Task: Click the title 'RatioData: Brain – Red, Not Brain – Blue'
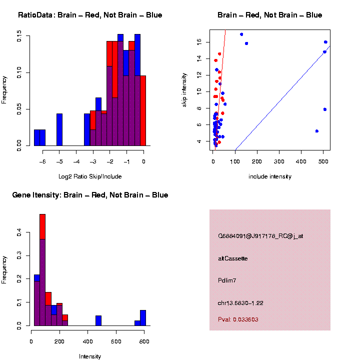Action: [90, 15]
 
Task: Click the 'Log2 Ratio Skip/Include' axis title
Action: [89, 176]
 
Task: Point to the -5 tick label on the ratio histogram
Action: [59, 161]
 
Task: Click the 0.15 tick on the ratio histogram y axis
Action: [19, 36]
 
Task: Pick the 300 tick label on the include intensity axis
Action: [279, 161]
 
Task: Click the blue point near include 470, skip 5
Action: [317, 131]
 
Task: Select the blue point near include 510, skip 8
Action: [325, 109]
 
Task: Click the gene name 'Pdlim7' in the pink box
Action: [227, 280]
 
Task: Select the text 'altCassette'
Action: [232, 258]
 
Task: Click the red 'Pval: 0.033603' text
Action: [238, 319]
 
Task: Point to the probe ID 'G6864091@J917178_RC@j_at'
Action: [260, 236]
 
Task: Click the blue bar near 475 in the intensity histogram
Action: [98, 320]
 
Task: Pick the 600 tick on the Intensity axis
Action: [116, 341]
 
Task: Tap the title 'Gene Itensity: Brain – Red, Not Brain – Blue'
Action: [90, 194]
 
